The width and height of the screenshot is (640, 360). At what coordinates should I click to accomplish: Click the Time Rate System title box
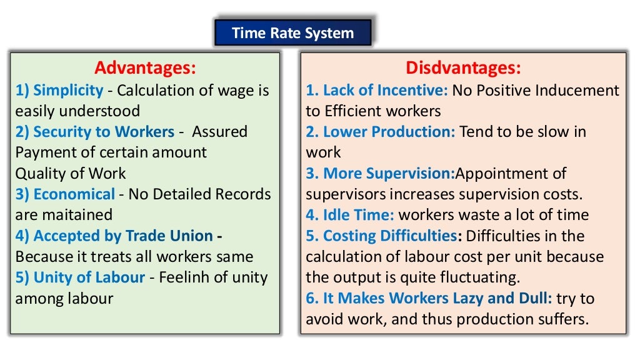(292, 33)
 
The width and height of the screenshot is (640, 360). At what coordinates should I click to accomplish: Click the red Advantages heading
(145, 67)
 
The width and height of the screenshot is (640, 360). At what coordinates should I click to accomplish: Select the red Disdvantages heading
(462, 67)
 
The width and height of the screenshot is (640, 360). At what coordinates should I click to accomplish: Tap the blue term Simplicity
(67, 90)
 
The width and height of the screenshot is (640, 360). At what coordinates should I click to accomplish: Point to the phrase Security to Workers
(103, 132)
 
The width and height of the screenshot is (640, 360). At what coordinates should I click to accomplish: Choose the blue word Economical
(74, 194)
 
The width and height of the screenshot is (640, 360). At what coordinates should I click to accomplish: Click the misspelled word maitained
(77, 215)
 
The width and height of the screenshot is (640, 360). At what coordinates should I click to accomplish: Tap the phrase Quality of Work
(70, 173)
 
